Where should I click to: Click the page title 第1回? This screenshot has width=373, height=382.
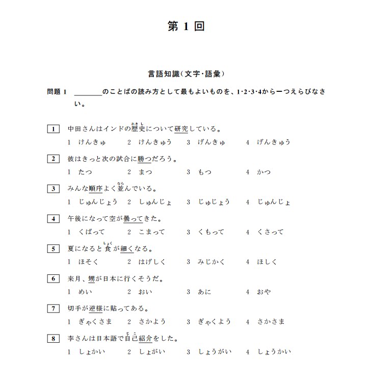pyautogui.click(x=186, y=27)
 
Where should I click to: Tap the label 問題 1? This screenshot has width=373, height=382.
pyautogui.click(x=57, y=92)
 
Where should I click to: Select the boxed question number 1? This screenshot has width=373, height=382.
pyautogui.click(x=53, y=129)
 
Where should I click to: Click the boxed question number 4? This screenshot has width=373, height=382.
pyautogui.click(x=53, y=219)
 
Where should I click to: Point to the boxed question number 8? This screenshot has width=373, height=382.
pyautogui.click(x=53, y=339)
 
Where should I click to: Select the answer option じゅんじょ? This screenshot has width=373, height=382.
pyautogui.click(x=274, y=202)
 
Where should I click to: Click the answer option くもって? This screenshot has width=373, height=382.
pyautogui.click(x=211, y=232)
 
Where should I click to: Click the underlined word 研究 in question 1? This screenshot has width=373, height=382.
pyautogui.click(x=181, y=129)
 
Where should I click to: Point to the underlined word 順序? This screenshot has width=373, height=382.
pyautogui.click(x=95, y=189)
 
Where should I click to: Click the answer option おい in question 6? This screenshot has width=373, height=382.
pyautogui.click(x=144, y=292)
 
